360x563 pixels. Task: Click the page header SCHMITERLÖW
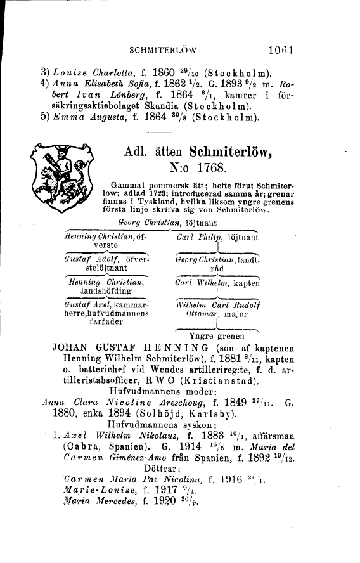tap(163, 48)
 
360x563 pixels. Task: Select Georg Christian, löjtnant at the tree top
tap(164, 223)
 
